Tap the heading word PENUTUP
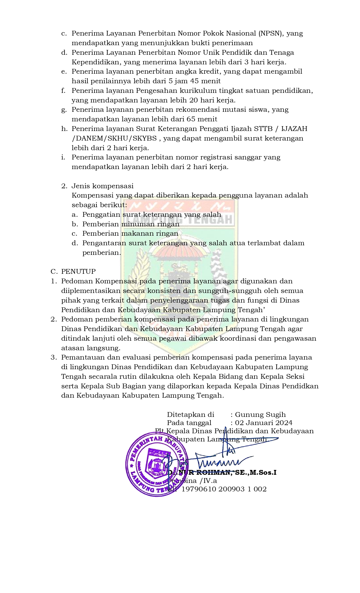[x=78, y=272]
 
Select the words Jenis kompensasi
[x=102, y=186]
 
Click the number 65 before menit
[x=191, y=119]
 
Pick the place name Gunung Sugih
[x=260, y=415]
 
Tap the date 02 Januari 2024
[x=264, y=423]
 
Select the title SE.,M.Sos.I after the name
[x=256, y=473]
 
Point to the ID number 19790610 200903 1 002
[x=224, y=489]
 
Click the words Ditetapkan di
[x=190, y=415]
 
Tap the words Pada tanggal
[x=189, y=423]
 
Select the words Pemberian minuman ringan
[x=131, y=224]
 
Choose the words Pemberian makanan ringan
[x=130, y=233]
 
